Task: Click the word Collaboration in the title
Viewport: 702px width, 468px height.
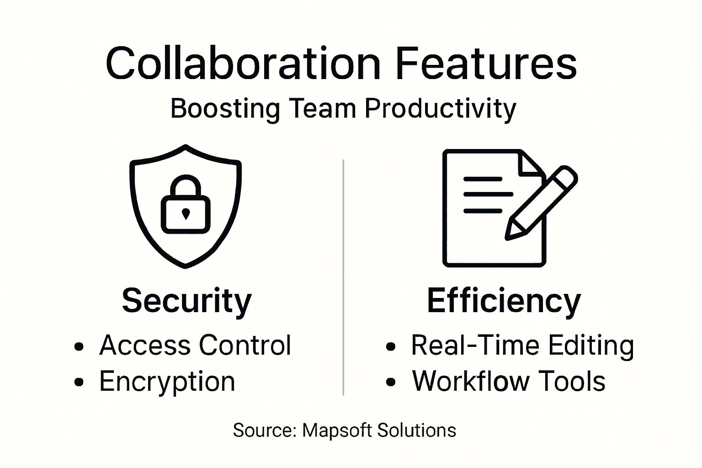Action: click(x=243, y=64)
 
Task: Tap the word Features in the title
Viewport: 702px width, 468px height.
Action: click(x=486, y=64)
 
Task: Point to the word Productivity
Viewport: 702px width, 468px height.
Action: click(x=441, y=109)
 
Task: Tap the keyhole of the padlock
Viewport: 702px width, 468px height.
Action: click(x=186, y=213)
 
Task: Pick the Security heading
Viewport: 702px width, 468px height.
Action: click(x=186, y=301)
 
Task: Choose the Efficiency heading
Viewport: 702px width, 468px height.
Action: click(x=504, y=301)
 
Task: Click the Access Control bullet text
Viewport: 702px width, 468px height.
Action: click(x=195, y=345)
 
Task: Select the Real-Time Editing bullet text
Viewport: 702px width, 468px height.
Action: click(x=522, y=345)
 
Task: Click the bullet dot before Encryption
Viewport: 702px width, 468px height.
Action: click(x=79, y=382)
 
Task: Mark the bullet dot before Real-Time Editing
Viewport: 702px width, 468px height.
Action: click(x=390, y=346)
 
